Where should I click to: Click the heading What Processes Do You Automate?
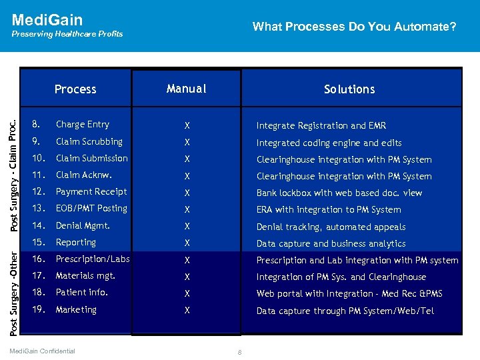(354, 27)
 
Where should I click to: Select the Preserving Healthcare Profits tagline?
(67, 34)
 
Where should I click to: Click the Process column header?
(75, 89)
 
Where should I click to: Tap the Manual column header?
(186, 89)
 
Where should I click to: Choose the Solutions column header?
(349, 89)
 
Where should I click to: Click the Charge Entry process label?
(82, 125)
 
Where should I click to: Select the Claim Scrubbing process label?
(89, 141)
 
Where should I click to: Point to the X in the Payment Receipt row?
(187, 193)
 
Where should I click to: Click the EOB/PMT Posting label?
(91, 209)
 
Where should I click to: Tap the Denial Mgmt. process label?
(83, 225)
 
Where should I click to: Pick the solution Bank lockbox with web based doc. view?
(339, 193)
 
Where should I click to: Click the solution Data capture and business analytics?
(331, 244)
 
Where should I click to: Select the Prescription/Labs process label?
(93, 259)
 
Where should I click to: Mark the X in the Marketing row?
(187, 311)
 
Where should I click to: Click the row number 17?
(38, 276)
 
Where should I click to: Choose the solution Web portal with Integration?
(349, 294)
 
